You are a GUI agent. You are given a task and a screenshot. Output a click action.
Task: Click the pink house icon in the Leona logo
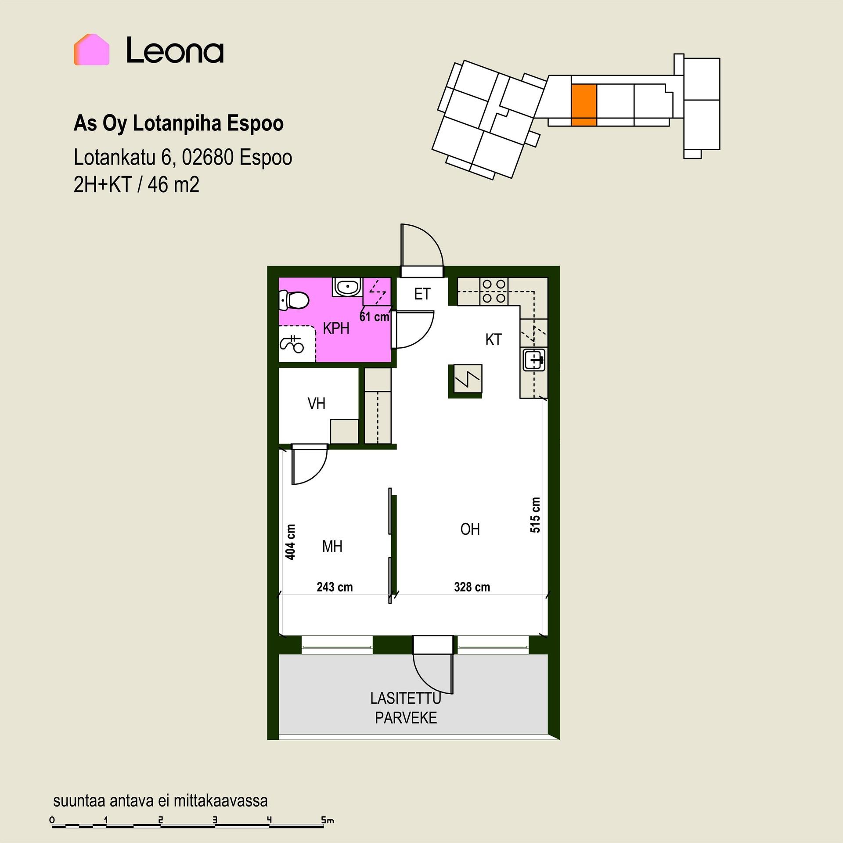tap(91, 50)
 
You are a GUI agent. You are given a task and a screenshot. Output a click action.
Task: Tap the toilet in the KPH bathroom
tap(294, 301)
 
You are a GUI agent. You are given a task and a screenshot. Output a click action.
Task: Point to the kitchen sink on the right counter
tap(533, 360)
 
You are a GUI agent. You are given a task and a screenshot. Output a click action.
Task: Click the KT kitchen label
tap(494, 340)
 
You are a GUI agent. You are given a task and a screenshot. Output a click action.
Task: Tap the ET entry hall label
tap(422, 294)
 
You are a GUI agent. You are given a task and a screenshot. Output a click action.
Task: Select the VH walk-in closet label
tap(316, 403)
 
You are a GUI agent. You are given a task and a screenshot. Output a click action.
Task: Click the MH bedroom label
tap(332, 547)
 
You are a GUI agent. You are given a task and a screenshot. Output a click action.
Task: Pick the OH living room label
tap(470, 530)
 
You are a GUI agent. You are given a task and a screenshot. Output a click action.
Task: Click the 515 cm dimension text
tap(535, 515)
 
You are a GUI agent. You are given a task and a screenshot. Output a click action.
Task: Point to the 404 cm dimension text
tap(290, 542)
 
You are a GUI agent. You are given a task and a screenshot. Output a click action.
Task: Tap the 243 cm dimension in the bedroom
tap(335, 587)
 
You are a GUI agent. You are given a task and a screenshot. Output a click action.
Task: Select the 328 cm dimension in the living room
tap(472, 587)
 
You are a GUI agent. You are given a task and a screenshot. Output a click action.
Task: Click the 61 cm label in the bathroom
tap(374, 316)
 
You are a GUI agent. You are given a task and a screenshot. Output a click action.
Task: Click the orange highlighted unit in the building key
tap(584, 105)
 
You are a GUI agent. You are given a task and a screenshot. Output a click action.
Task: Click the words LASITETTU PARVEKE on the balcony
tap(406, 708)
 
